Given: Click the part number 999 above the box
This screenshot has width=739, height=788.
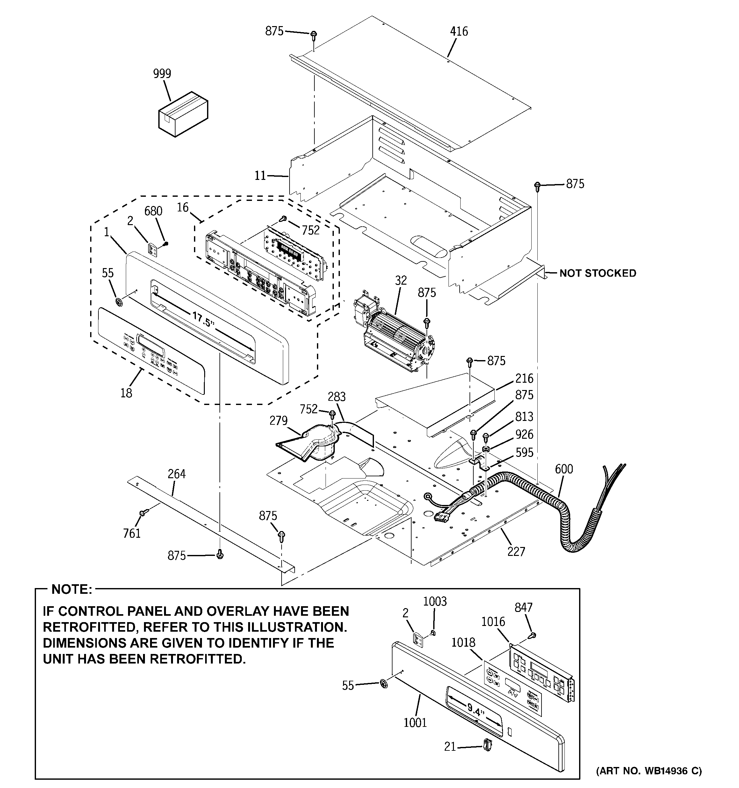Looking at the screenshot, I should click(162, 74).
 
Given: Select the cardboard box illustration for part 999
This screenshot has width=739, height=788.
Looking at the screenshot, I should click(183, 114).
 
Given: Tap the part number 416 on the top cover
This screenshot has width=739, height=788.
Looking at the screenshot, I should click(459, 31).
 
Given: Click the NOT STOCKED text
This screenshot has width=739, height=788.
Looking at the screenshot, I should click(597, 273).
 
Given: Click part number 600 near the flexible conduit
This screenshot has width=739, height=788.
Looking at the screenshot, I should click(564, 469).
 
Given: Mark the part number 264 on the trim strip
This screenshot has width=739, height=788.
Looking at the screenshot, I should click(176, 474).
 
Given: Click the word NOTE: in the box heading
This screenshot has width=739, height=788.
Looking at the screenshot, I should click(72, 589).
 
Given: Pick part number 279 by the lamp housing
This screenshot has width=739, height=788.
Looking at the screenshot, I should click(278, 421).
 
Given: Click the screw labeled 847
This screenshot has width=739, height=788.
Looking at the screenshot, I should click(533, 635).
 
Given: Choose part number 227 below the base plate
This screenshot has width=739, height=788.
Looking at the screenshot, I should click(516, 551).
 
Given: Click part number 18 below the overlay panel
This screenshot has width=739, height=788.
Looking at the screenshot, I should click(126, 393).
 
